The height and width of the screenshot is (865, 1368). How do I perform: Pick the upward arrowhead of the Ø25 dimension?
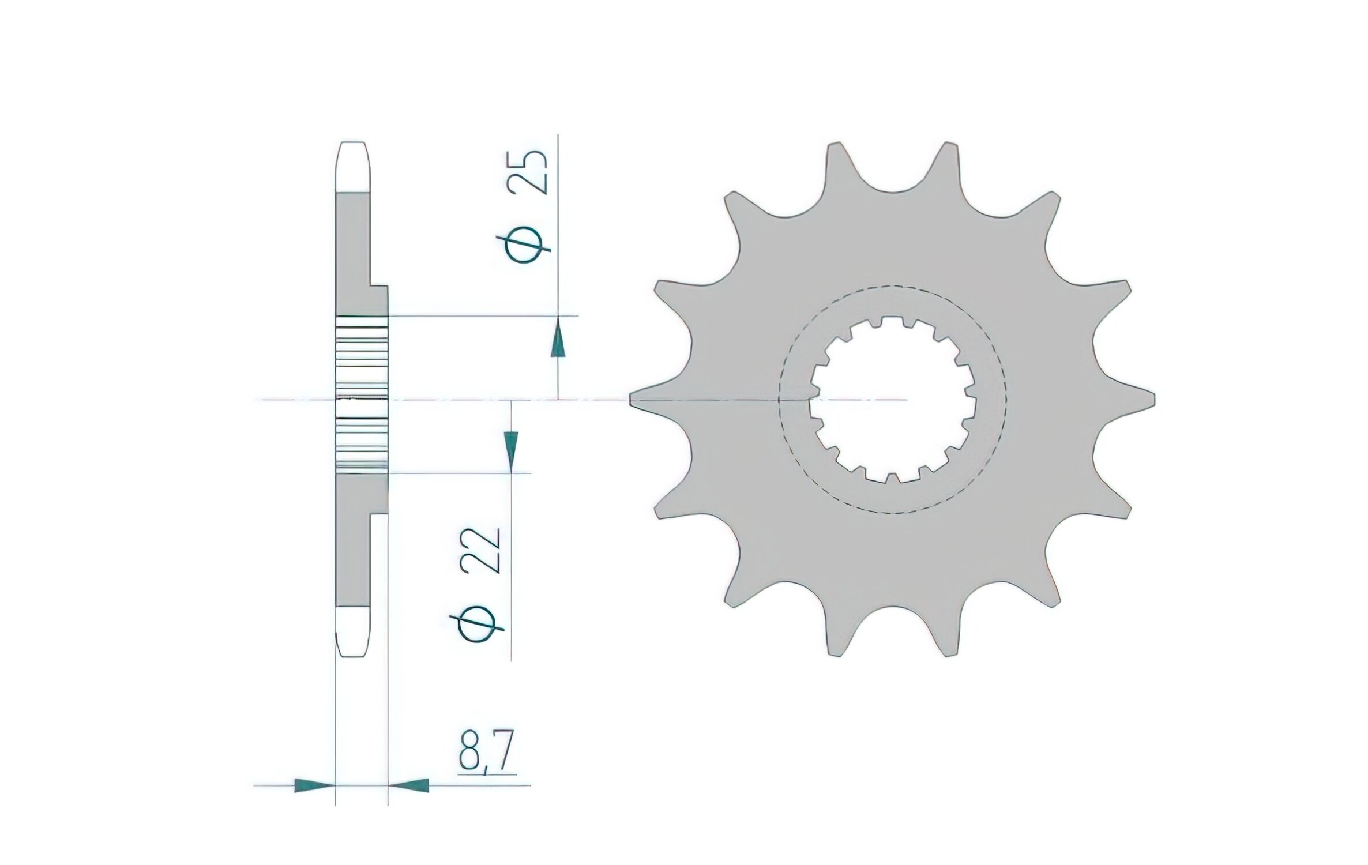[557, 344]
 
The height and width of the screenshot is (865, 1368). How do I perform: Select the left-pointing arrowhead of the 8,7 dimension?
[410, 785]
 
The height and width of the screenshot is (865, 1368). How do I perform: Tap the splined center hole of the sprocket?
[891, 398]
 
